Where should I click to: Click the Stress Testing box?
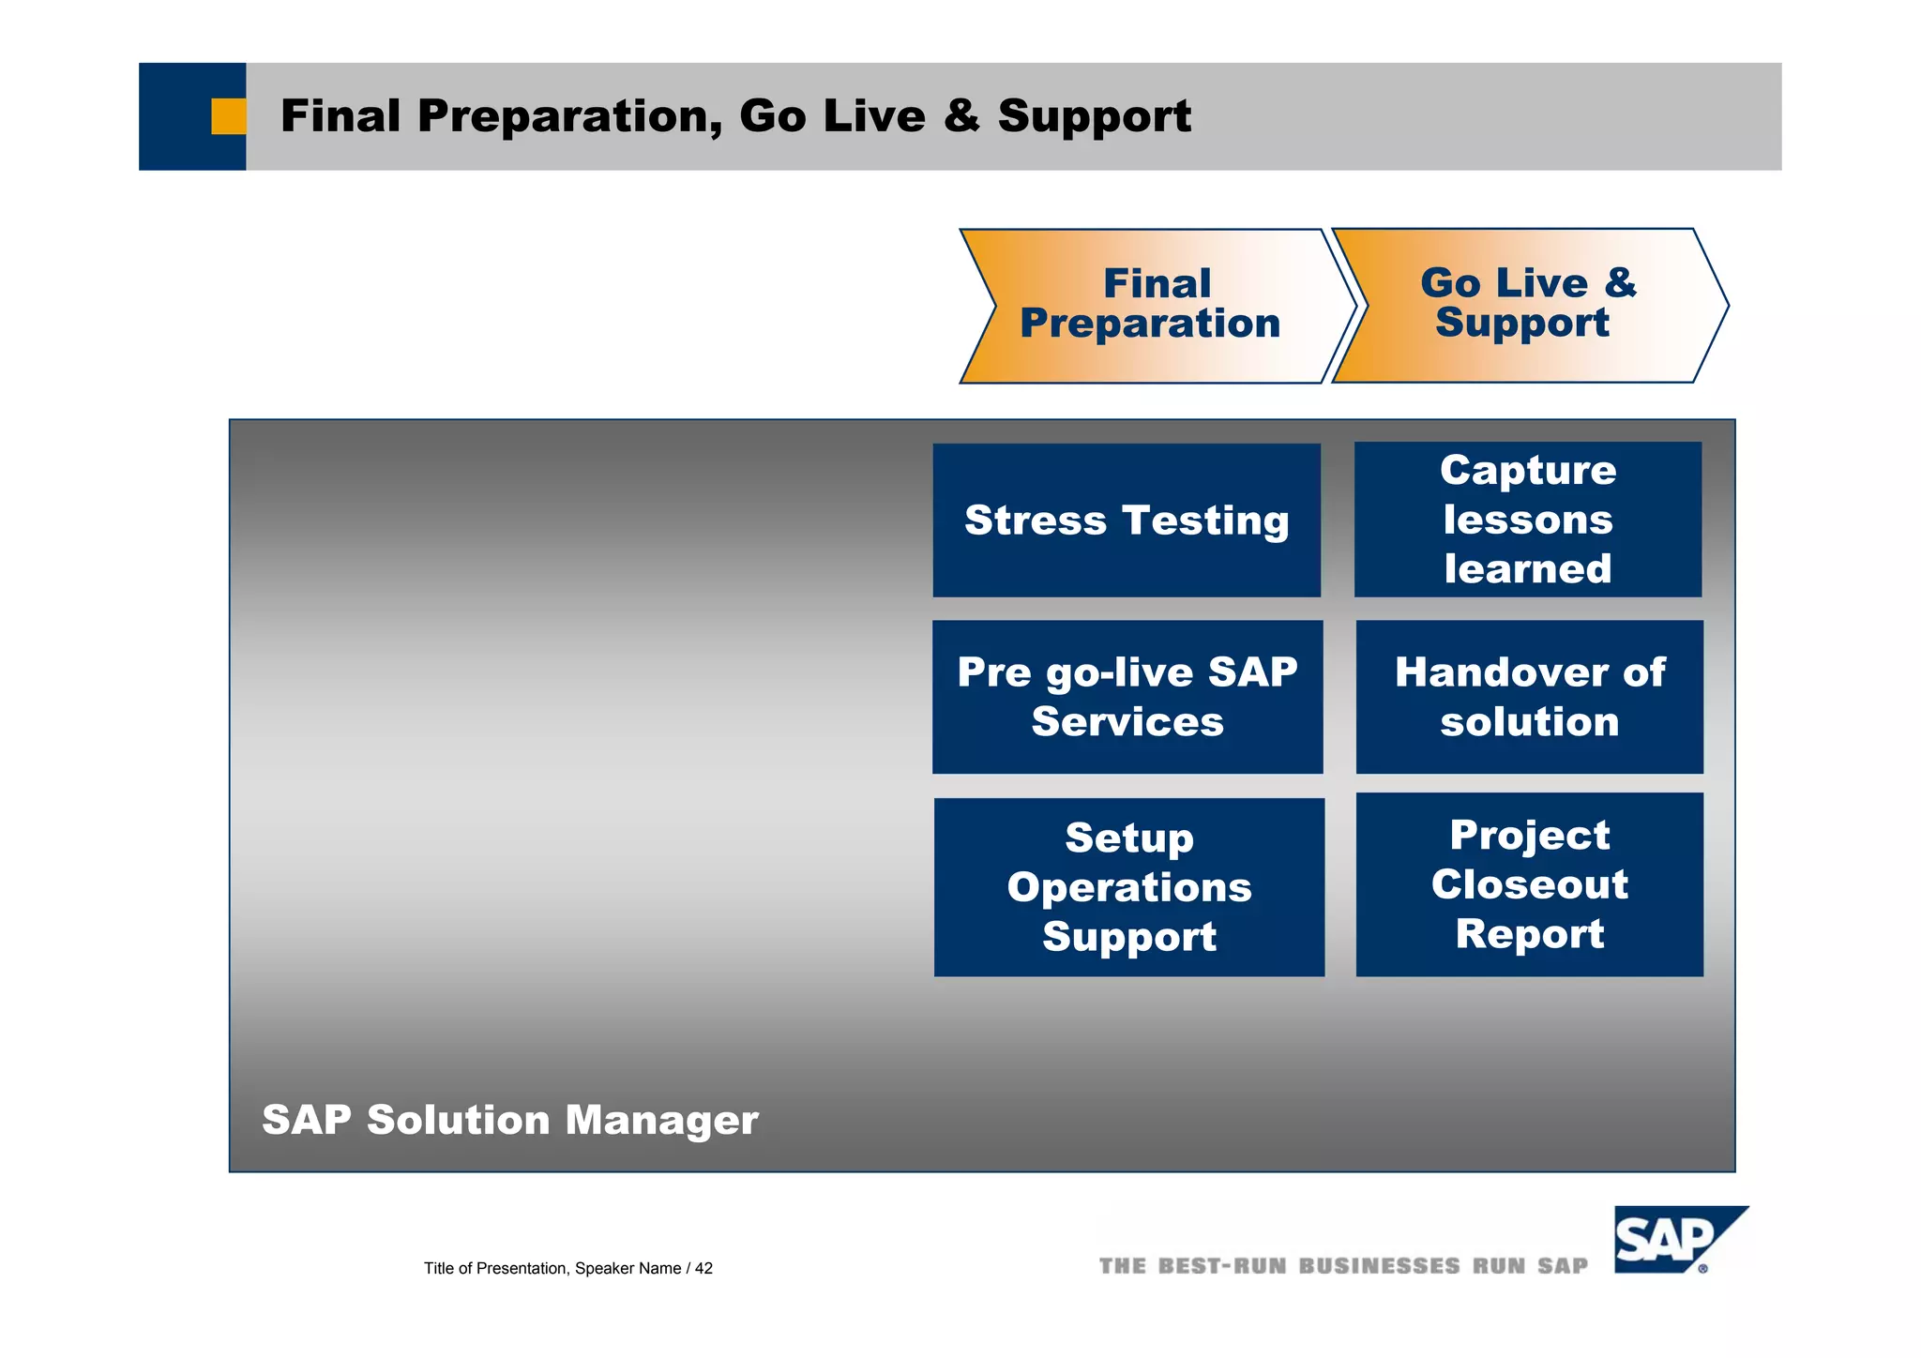pyautogui.click(x=1126, y=521)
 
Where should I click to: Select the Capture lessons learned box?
pyautogui.click(x=1528, y=520)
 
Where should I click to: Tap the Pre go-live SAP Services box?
pyautogui.click(x=1127, y=697)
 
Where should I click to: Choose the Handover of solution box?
pyautogui.click(x=1529, y=697)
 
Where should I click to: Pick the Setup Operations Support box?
pyautogui.click(x=1129, y=887)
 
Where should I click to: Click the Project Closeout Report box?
pyautogui.click(x=1529, y=884)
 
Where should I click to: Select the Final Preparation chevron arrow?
pyautogui.click(x=1154, y=306)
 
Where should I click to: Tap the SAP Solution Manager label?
pyautogui.click(x=509, y=1120)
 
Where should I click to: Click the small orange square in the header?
pyautogui.click(x=228, y=116)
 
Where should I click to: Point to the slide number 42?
pyautogui.click(x=703, y=1269)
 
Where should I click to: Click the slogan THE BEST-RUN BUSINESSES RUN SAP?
pyautogui.click(x=1343, y=1266)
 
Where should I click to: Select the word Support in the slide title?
pyautogui.click(x=1094, y=116)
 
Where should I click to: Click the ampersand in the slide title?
pyautogui.click(x=960, y=116)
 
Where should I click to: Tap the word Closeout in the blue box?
pyautogui.click(x=1529, y=884)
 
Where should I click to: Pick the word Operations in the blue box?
pyautogui.click(x=1129, y=887)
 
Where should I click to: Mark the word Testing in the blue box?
pyautogui.click(x=1205, y=521)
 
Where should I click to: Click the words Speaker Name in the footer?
pyautogui.click(x=628, y=1269)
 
